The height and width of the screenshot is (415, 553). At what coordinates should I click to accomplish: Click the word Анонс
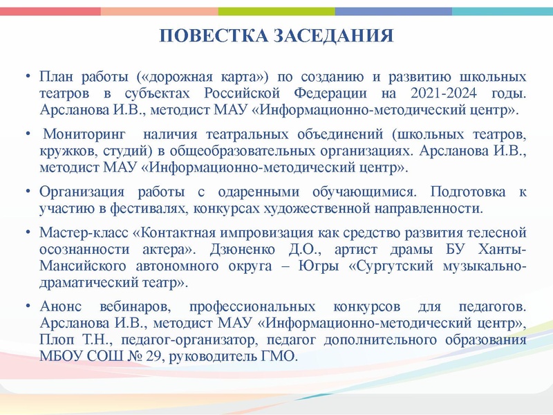pyautogui.click(x=62, y=305)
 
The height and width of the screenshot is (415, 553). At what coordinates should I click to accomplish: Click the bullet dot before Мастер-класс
pyautogui.click(x=26, y=231)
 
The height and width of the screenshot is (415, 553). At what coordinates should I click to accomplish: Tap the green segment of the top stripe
pyautogui.click(x=276, y=11)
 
